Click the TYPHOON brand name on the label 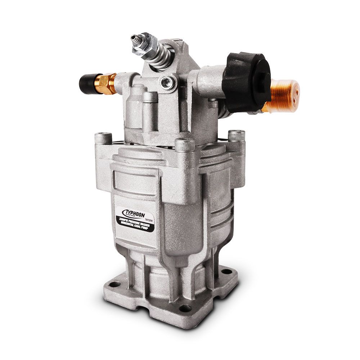click(132, 212)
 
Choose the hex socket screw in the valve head click(166, 82)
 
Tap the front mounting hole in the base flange click(185, 308)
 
